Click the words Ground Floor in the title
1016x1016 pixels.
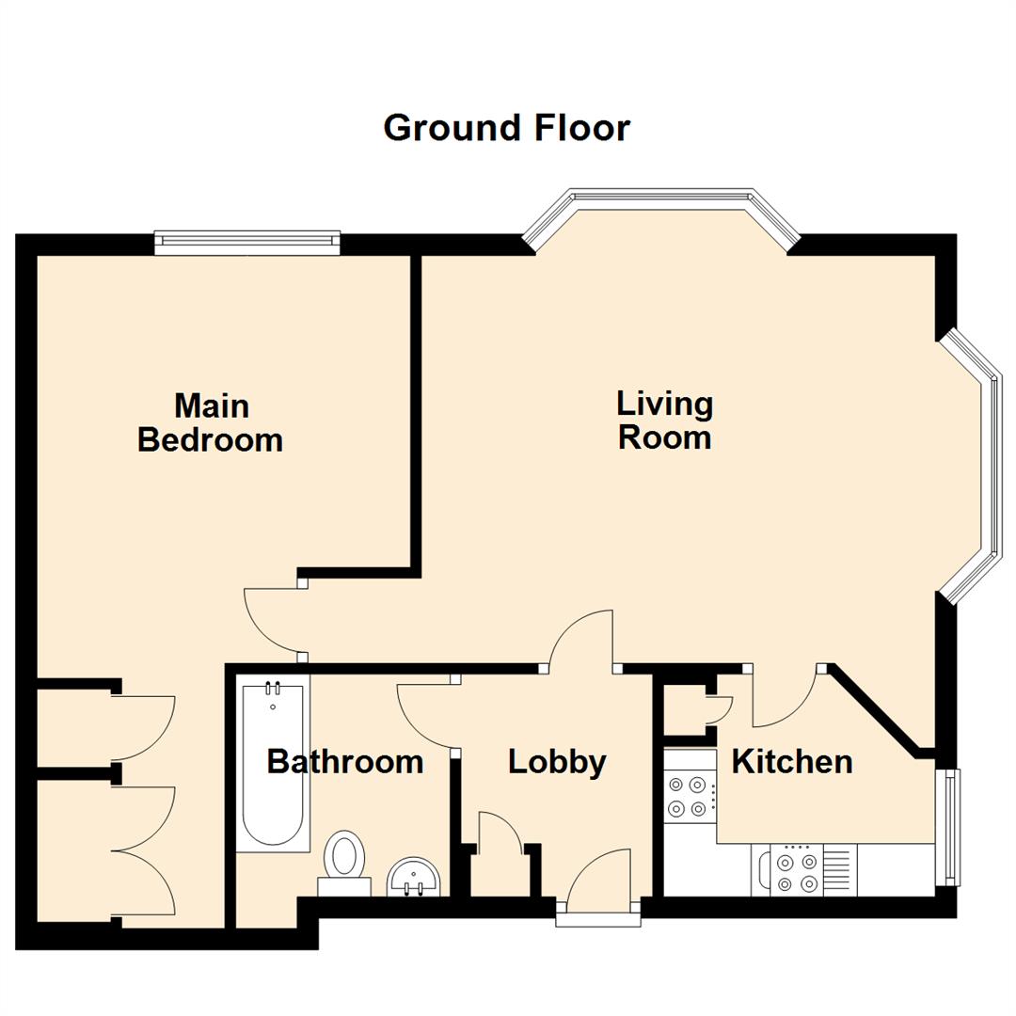(x=506, y=128)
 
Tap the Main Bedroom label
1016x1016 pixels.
(x=211, y=423)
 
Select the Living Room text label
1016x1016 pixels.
(x=664, y=421)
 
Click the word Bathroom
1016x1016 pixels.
(x=344, y=761)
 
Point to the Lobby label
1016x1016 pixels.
(x=557, y=762)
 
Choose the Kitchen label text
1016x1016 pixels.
(x=792, y=761)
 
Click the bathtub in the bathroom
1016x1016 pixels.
(x=273, y=767)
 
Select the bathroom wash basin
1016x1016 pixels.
(x=413, y=877)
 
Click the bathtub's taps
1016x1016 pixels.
(x=273, y=689)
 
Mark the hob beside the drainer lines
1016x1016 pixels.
(x=794, y=871)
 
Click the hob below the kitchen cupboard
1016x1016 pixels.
(x=687, y=795)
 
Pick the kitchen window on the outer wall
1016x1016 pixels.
(x=953, y=828)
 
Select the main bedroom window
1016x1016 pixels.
(x=247, y=242)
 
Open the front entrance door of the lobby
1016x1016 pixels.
(x=598, y=880)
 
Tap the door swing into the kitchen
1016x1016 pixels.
(x=786, y=701)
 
